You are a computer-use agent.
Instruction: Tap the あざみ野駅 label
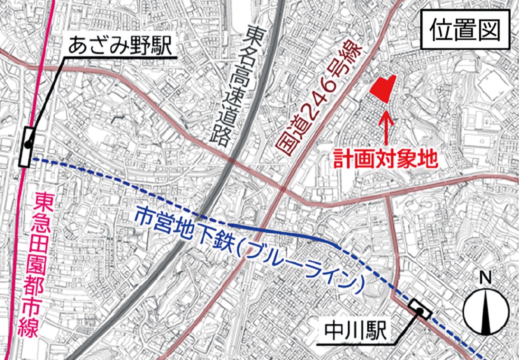121,46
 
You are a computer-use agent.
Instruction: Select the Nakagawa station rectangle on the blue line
420,309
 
